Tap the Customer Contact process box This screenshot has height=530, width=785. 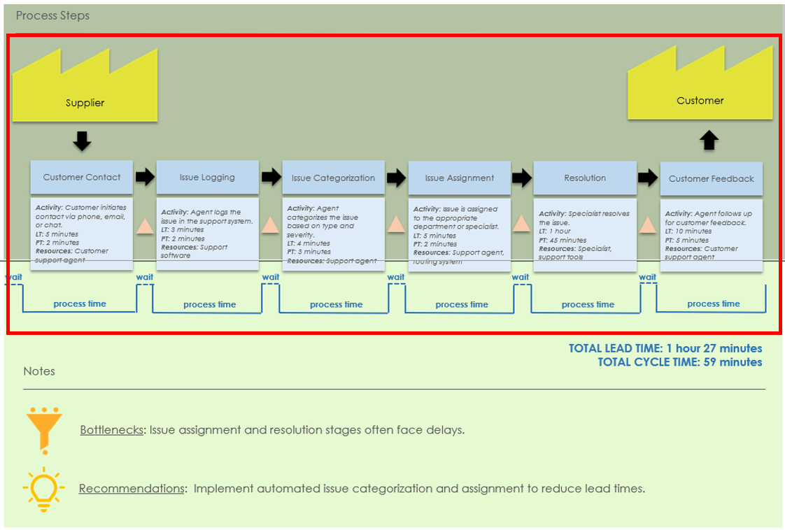[x=82, y=177]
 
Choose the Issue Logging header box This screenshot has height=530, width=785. [x=207, y=177]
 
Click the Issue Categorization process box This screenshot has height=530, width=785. [x=333, y=178]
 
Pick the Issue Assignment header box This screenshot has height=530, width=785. [x=459, y=178]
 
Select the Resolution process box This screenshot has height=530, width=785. [x=585, y=178]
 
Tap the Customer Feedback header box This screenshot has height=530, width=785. [x=711, y=178]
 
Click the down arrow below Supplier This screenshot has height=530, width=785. [x=82, y=142]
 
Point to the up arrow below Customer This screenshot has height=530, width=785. [x=709, y=141]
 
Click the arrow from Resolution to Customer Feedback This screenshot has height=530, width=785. [x=649, y=178]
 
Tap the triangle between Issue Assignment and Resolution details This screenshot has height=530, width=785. [x=521, y=224]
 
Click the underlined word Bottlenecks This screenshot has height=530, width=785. [x=111, y=430]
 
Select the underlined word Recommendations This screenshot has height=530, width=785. [x=131, y=488]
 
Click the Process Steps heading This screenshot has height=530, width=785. [x=52, y=15]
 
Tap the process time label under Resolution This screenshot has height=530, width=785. [x=588, y=304]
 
